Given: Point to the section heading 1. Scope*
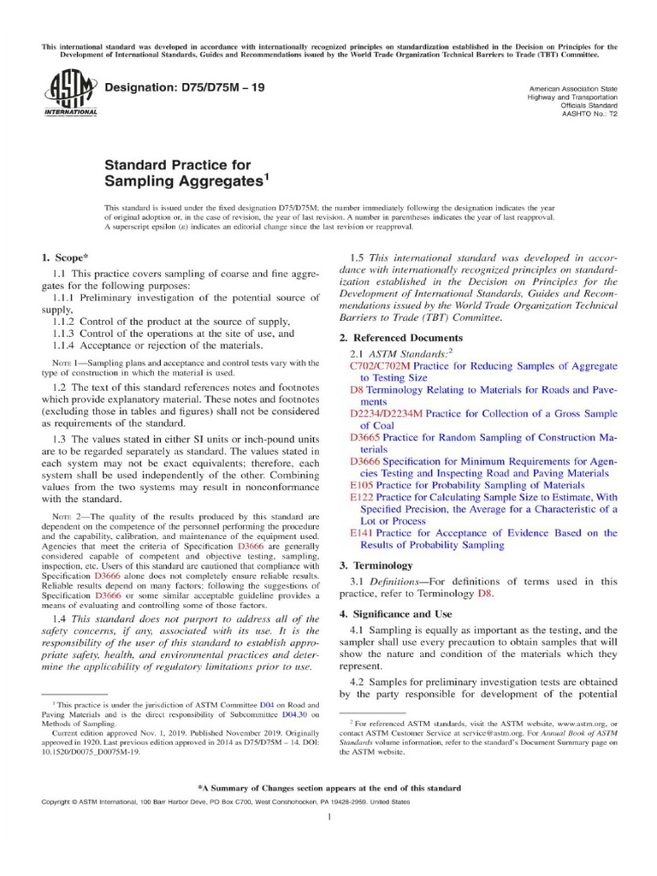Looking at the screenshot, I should click(x=65, y=257).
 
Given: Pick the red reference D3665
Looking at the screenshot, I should click(x=369, y=437).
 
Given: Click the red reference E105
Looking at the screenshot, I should click(x=364, y=484).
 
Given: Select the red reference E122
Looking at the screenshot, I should click(x=364, y=496).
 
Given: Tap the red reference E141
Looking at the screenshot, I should click(x=364, y=532).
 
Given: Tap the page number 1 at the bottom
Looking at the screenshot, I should click(x=328, y=817).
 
